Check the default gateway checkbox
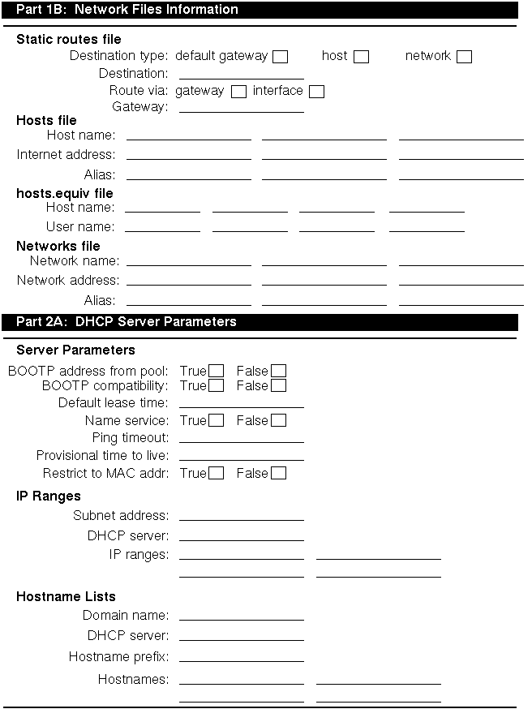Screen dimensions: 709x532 point(281,57)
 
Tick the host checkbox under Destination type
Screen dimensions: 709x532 point(362,57)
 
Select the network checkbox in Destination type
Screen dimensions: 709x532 point(464,57)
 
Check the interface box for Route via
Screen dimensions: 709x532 point(316,92)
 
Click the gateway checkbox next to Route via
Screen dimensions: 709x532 point(238,92)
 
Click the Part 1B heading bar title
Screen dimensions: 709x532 point(127,10)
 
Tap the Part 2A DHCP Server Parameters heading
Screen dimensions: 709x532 point(127,322)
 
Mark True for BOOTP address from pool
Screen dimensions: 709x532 point(216,372)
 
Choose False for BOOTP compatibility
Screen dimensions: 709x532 point(278,385)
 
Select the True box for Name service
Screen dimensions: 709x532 point(216,420)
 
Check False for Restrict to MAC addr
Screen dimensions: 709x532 point(278,473)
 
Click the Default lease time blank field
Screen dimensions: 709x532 point(241,402)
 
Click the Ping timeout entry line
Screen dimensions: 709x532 point(241,438)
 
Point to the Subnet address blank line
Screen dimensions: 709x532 point(241,516)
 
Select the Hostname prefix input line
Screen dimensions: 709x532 point(241,657)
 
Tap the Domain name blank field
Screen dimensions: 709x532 point(241,616)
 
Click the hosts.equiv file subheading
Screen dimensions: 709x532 point(65,194)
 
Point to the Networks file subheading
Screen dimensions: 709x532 point(58,246)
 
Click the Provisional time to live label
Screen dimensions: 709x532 point(102,456)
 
